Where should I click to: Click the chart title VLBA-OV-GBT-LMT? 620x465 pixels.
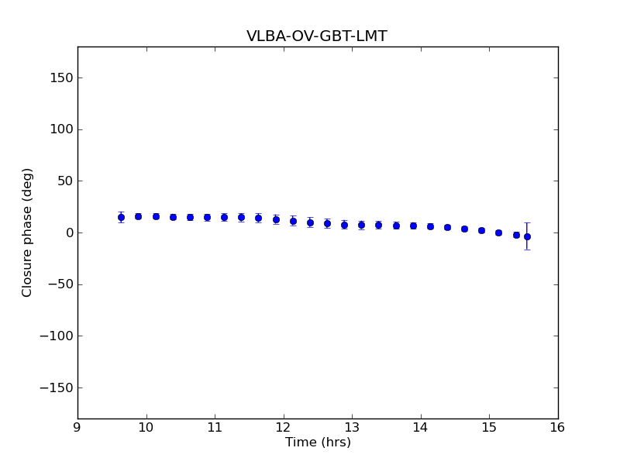[x=316, y=36]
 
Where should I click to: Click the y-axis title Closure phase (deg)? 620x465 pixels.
[x=28, y=232]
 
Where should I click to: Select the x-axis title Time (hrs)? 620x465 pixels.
[x=318, y=443]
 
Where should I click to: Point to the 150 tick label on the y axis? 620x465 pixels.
[x=61, y=77]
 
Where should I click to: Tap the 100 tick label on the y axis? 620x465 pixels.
[x=61, y=129]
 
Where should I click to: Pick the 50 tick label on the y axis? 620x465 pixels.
[x=64, y=181]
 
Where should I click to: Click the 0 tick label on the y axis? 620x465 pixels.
[x=68, y=232]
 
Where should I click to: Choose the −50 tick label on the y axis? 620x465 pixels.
[x=59, y=284]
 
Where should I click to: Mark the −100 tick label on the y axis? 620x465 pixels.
[x=56, y=336]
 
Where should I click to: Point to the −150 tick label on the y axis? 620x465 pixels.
[x=56, y=387]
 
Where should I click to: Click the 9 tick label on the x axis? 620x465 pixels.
[x=77, y=428]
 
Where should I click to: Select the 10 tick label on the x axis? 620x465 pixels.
[x=146, y=428]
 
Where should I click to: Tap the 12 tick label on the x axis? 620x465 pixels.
[x=283, y=428]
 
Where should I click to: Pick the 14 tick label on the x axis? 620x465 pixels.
[x=420, y=428]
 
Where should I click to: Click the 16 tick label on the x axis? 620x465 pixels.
[x=557, y=428]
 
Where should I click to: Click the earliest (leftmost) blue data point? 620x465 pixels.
[x=121, y=217]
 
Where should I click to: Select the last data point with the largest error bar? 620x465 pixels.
[x=527, y=236]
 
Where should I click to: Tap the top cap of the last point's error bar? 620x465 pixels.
[x=527, y=223]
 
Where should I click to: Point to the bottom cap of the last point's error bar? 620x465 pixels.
[x=527, y=249]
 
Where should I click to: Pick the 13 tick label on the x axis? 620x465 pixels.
[x=352, y=428]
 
